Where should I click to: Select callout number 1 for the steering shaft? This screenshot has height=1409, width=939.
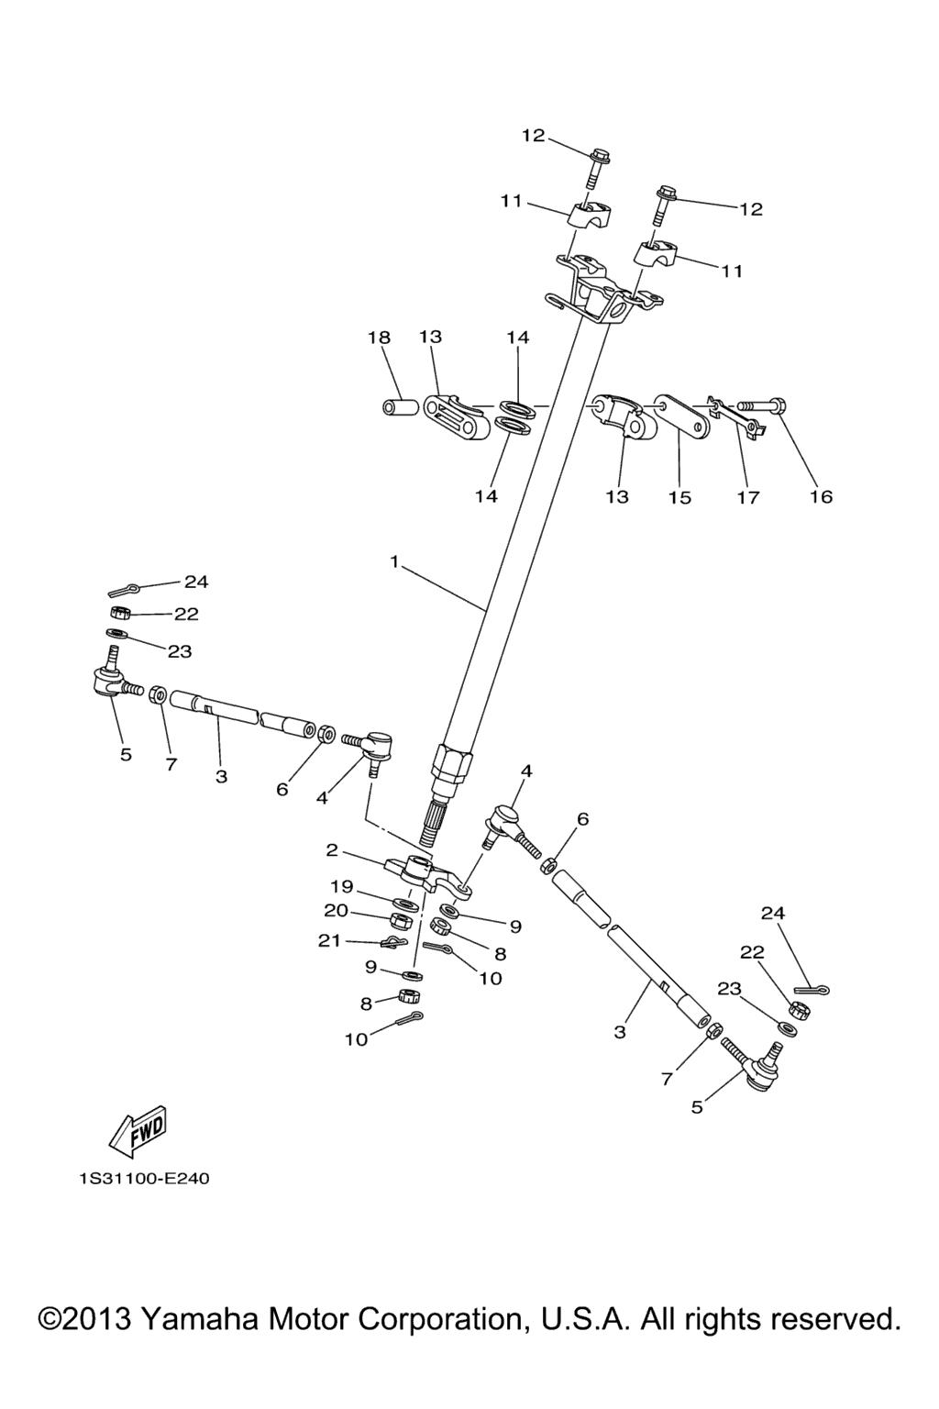[x=394, y=561]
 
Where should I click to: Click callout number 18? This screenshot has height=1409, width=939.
[x=379, y=338]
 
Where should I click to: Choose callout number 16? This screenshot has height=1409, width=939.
[x=821, y=496]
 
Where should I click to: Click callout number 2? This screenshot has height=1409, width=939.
[x=332, y=850]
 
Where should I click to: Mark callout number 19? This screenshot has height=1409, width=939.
[x=341, y=886]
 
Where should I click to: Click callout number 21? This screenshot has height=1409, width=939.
[x=330, y=940]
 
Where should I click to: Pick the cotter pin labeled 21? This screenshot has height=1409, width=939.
[x=392, y=943]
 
